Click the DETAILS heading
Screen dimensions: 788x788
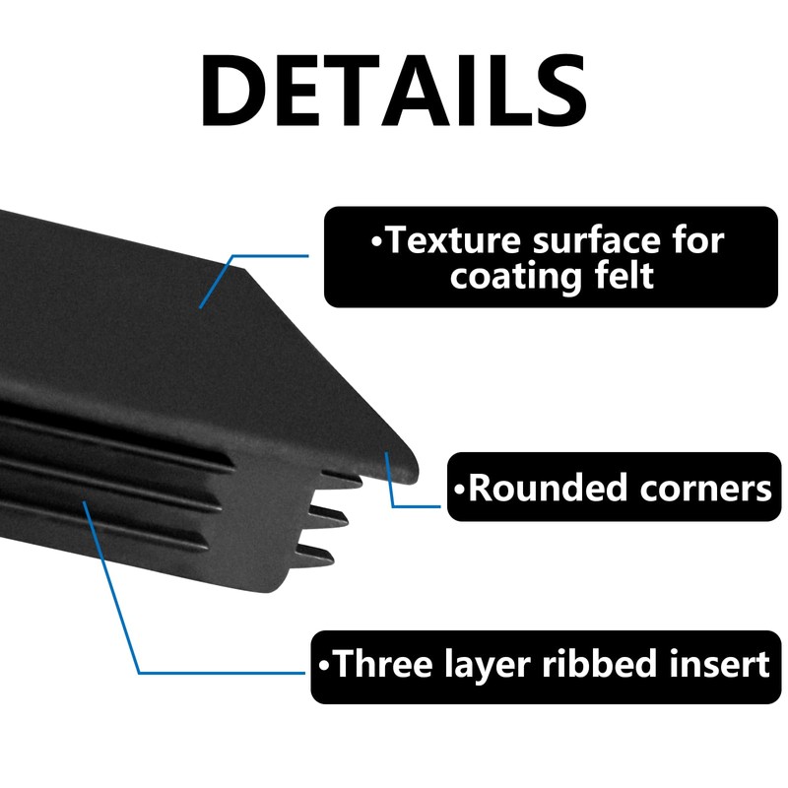[393, 90]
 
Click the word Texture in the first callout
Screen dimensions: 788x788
[454, 240]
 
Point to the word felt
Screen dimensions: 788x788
[624, 276]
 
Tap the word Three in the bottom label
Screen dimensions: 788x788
[382, 663]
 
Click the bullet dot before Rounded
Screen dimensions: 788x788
[459, 489]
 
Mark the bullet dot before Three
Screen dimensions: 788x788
[324, 665]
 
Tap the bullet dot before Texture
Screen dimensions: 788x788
[377, 241]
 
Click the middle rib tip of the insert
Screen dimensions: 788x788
[345, 520]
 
